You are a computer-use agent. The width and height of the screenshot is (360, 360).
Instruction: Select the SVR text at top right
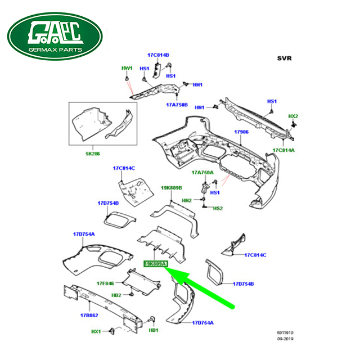point(285,58)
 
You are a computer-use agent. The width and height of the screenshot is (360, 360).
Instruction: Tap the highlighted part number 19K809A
point(155,263)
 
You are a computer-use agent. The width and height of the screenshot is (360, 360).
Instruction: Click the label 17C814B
point(159,55)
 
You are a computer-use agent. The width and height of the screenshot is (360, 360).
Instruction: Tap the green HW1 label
point(127,68)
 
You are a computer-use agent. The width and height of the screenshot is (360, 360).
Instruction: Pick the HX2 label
point(293,116)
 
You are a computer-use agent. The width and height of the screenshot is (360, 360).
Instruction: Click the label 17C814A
point(283,150)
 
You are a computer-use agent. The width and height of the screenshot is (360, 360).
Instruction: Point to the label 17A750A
point(202,172)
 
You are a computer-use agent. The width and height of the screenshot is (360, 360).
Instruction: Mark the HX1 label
point(96,332)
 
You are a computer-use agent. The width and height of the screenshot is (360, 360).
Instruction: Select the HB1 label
point(154,331)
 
